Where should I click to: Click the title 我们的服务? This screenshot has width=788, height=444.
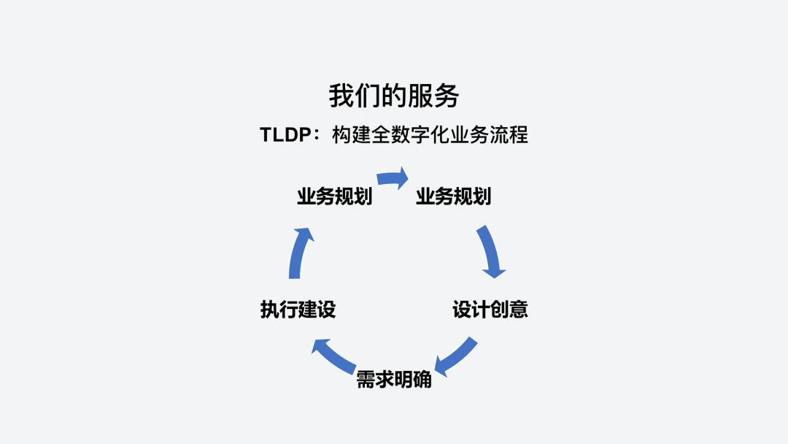click(393, 96)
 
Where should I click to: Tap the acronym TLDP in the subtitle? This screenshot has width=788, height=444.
click(286, 135)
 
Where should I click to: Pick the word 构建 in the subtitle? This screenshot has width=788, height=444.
click(350, 135)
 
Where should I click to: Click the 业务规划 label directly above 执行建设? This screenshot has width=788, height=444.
click(335, 196)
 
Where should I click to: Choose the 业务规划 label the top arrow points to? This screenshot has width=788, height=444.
click(453, 196)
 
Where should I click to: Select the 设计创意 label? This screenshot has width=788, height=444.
click(490, 310)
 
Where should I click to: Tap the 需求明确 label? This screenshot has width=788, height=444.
click(394, 380)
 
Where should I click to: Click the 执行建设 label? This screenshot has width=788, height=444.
click(298, 310)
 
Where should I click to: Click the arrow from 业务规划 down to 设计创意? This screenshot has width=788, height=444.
click(491, 250)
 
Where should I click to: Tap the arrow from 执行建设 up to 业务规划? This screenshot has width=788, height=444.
click(299, 252)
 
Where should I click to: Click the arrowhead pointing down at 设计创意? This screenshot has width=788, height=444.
click(495, 272)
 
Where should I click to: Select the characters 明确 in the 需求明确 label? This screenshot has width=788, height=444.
click(413, 380)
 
